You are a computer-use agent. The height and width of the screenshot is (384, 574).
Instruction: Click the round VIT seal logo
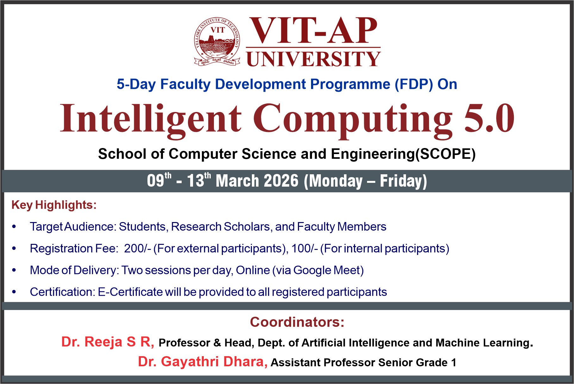point(217,41)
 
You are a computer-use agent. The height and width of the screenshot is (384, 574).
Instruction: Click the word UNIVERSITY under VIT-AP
point(313,59)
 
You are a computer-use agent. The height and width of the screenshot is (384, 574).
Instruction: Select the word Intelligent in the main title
point(151,119)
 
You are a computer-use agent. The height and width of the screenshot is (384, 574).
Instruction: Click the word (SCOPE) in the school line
point(445,154)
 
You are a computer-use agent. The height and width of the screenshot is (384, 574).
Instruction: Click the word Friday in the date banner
point(403,181)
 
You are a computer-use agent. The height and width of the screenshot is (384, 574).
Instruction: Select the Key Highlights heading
point(54,205)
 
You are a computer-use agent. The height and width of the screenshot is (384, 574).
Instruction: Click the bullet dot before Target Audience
point(14,227)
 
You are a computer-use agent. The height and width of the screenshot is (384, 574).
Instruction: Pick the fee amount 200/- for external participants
point(138,249)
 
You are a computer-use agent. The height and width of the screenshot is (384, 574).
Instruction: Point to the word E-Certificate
point(130,292)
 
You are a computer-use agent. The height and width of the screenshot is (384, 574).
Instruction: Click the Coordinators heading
point(297,322)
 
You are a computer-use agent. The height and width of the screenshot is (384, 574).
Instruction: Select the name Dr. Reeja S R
point(108,342)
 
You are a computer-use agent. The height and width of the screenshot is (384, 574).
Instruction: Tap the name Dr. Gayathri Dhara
point(203,362)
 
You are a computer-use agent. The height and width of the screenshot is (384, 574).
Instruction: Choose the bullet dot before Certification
point(14,292)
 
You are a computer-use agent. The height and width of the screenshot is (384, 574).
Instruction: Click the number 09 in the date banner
point(155,181)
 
